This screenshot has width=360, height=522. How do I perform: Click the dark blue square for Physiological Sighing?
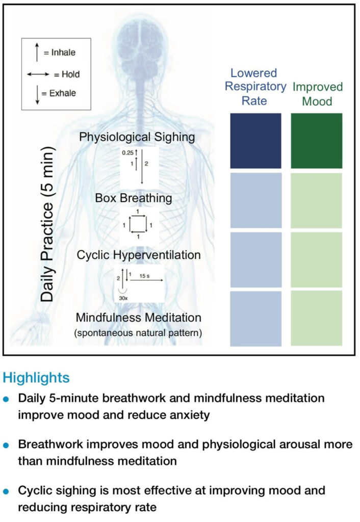click(x=255, y=141)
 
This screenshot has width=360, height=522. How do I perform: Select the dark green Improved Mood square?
click(x=316, y=141)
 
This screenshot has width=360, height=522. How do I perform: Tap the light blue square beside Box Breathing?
click(x=256, y=200)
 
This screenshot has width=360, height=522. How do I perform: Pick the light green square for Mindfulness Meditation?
click(x=316, y=318)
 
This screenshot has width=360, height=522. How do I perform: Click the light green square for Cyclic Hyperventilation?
click(x=316, y=259)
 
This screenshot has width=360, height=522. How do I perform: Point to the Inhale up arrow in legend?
click(x=37, y=52)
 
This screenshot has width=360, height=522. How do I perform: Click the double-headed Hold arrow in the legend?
click(x=38, y=74)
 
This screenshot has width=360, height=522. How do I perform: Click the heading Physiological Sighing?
click(x=137, y=137)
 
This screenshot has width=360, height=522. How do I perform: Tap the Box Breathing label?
click(x=134, y=198)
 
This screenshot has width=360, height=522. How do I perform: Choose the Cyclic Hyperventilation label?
click(x=139, y=255)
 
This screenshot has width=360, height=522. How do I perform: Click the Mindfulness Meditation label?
click(x=139, y=318)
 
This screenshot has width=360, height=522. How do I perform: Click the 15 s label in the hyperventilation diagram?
click(x=144, y=276)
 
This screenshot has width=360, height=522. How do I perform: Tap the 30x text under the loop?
click(x=123, y=298)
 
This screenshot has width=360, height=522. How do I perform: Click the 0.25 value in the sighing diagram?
click(x=127, y=153)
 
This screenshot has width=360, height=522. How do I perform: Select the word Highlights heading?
click(x=36, y=378)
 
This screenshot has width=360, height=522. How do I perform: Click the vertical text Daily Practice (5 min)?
click(x=47, y=224)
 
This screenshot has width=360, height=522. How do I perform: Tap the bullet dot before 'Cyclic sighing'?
click(x=6, y=491)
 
